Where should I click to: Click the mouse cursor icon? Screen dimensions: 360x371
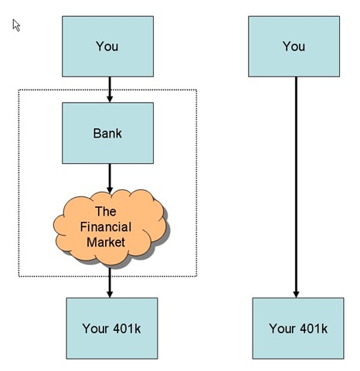coord(16,26)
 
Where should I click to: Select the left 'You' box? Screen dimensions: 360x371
coord(107,46)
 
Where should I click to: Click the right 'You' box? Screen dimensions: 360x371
coord(294,46)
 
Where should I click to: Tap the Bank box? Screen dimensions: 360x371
coord(107,133)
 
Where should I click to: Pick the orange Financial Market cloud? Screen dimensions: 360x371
coord(110,228)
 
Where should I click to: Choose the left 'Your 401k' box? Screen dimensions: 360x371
coord(112,328)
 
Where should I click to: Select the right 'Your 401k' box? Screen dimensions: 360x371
coord(298,328)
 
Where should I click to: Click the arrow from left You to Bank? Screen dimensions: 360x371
coord(110,90)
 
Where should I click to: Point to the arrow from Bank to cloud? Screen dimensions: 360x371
coord(110,179)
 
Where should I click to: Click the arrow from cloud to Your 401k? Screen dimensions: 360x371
coord(110,283)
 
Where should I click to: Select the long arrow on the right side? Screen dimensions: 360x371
coord(296,187)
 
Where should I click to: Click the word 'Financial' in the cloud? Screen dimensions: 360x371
coord(106,227)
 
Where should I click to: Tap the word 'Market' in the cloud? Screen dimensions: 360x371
coord(106,242)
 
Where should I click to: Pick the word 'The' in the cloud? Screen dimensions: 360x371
coord(106,212)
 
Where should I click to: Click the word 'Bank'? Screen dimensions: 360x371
coord(107,133)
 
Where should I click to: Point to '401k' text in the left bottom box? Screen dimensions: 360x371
coord(127,328)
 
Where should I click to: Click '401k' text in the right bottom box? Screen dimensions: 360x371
coord(314,328)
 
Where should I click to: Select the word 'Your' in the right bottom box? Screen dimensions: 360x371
coord(282,328)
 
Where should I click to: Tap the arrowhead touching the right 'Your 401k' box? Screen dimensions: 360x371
coord(296,294)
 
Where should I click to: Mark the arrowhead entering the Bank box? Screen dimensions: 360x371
coord(110,99)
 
